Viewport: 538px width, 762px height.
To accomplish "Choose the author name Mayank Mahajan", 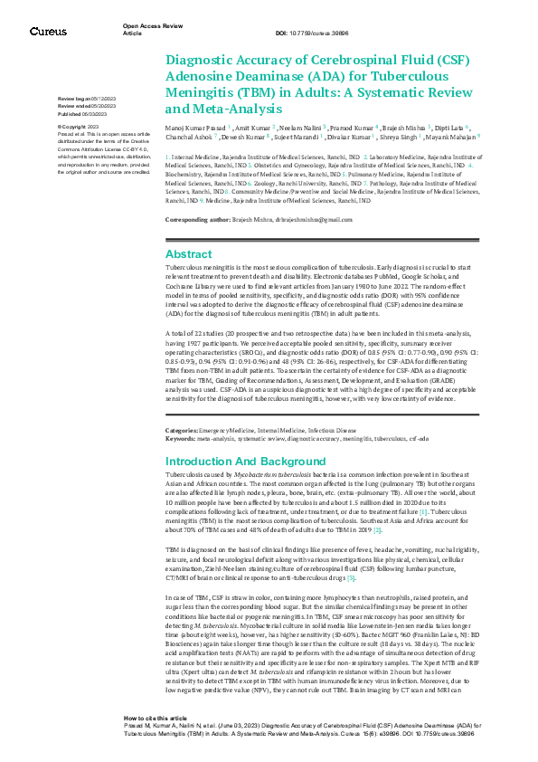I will pyautogui.click(x=456, y=138).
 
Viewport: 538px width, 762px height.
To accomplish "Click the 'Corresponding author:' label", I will pyautogui.click(x=193, y=220).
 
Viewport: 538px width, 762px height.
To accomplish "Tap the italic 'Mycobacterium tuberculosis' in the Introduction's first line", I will pyautogui.click(x=271, y=473).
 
